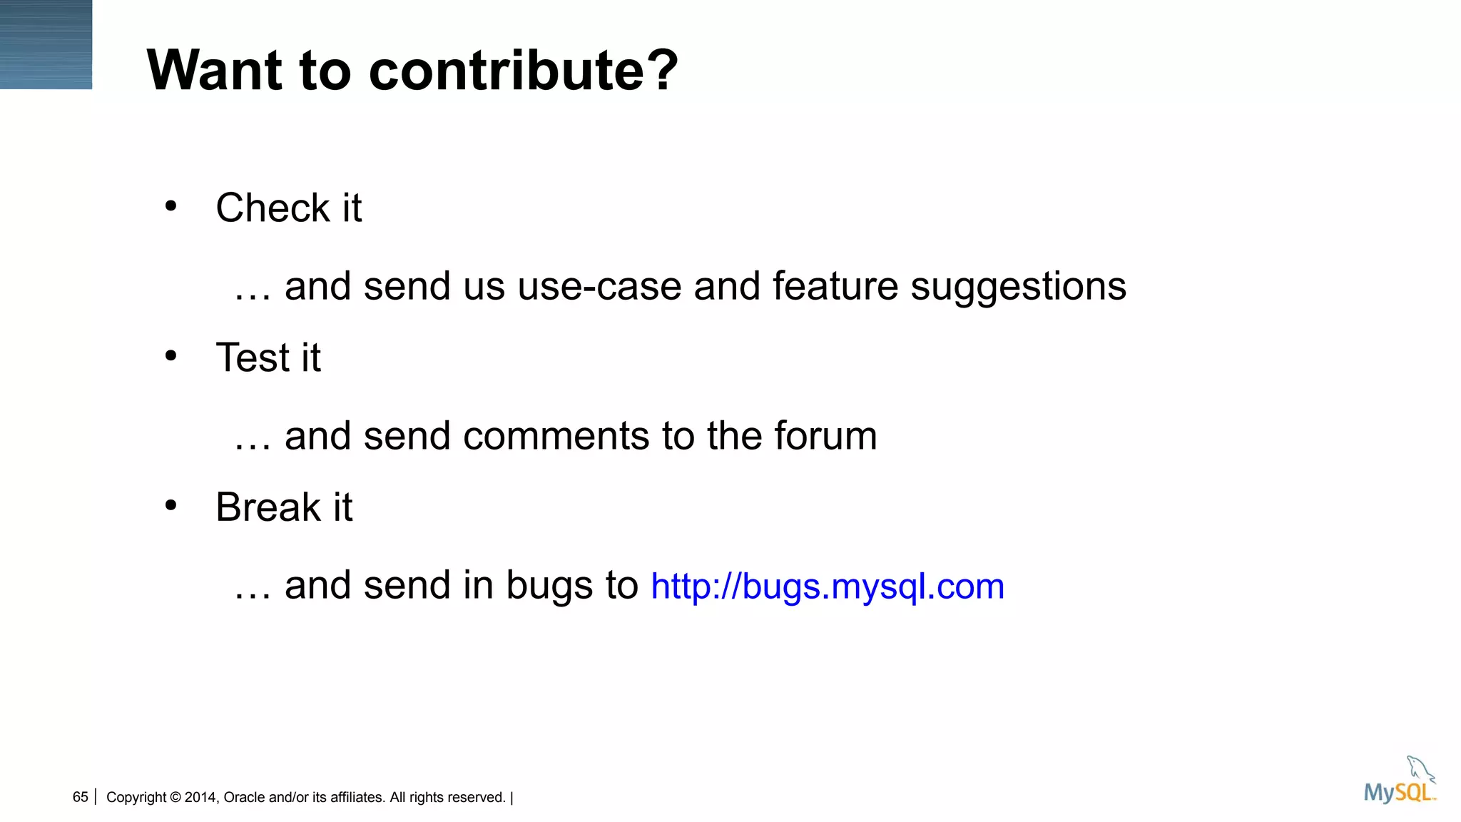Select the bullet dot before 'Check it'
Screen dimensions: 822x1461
[x=170, y=206]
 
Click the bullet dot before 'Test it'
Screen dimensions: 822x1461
[x=170, y=355]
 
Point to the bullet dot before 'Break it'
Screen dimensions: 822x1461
[x=170, y=505]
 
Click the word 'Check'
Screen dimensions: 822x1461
[x=273, y=208]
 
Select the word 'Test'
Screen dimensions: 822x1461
[x=253, y=357]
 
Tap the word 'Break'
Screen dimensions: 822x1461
[x=268, y=507]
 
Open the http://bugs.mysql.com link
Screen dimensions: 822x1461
[x=828, y=587]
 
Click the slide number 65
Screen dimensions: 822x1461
[x=80, y=797]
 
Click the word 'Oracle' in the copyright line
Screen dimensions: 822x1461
[x=244, y=797]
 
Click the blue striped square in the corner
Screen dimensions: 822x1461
[x=46, y=44]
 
